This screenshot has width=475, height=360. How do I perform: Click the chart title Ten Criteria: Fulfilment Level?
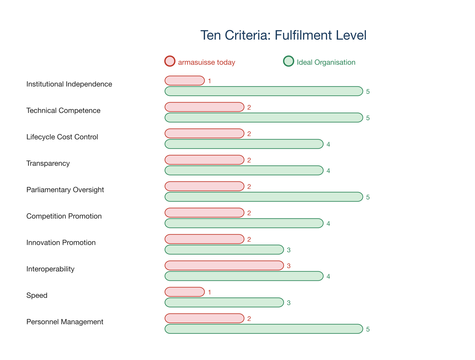[x=283, y=35]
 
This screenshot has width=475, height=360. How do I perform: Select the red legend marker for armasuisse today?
[x=170, y=61]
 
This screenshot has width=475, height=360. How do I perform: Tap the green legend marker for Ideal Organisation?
[x=288, y=61]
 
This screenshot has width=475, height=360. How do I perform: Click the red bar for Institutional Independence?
[x=185, y=81]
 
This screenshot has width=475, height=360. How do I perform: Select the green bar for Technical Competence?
[x=264, y=118]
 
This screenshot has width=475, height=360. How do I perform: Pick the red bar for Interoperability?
[x=224, y=265]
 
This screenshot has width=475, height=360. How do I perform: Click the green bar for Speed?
[x=224, y=302]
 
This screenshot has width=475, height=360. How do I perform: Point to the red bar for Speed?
[x=185, y=292]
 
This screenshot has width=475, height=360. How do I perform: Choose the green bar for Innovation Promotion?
[x=224, y=250]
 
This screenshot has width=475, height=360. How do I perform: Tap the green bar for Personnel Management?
[x=264, y=329]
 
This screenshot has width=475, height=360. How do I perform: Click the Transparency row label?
[x=48, y=163]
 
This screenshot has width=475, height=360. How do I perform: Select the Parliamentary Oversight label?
[x=65, y=190]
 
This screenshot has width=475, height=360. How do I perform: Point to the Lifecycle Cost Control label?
[x=62, y=137]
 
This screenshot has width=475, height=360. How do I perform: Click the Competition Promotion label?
[x=64, y=216]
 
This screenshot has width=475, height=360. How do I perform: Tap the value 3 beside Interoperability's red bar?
[x=289, y=266]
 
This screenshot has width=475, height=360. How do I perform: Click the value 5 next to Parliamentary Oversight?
[x=368, y=197]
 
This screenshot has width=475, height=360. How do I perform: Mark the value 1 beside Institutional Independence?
[x=210, y=81]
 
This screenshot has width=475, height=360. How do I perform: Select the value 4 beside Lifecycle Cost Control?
[x=328, y=144]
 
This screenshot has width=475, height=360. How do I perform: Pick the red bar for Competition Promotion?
[x=205, y=213]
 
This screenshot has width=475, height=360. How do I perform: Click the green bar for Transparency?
[x=244, y=170]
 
